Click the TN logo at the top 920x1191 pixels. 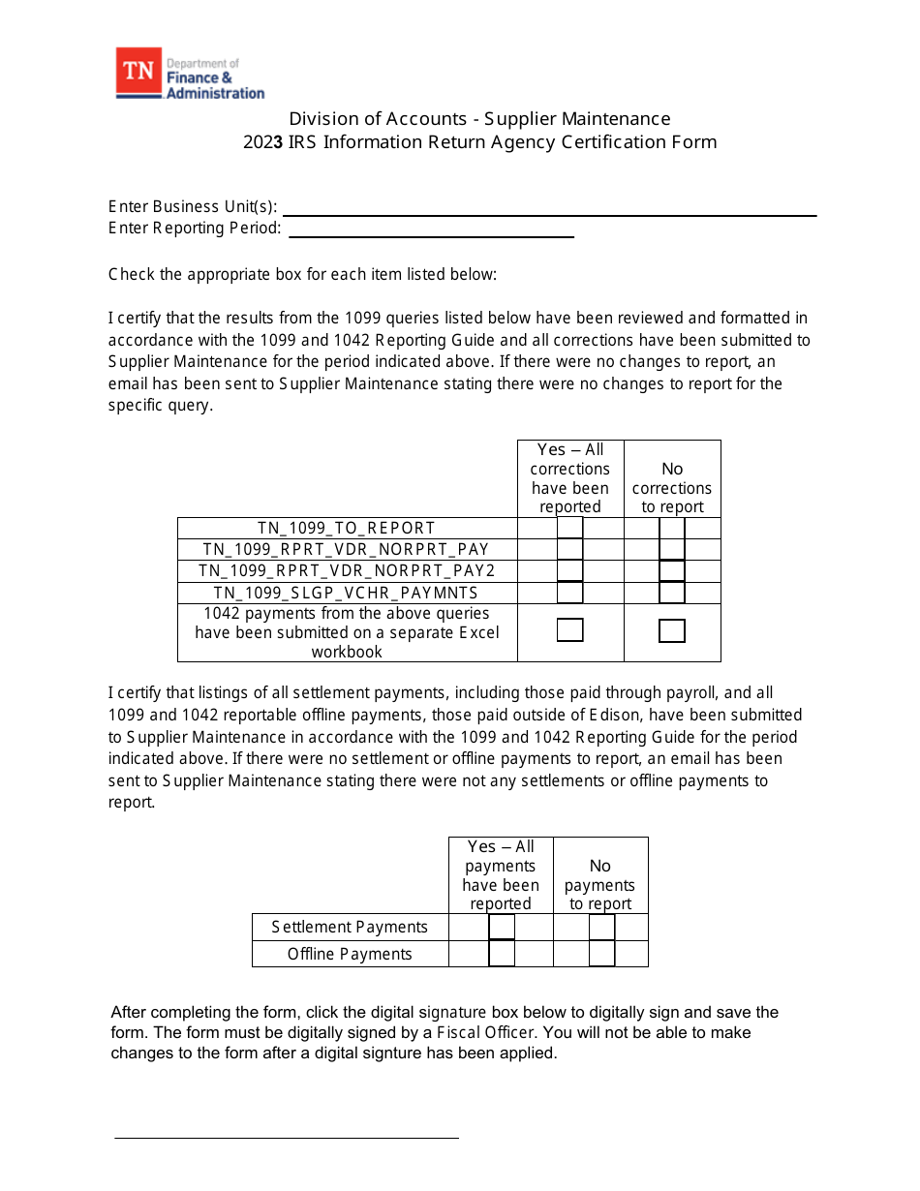(138, 74)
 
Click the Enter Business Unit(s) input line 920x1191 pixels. (549, 208)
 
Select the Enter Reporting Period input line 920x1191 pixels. (431, 230)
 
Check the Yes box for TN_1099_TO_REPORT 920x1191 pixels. (570, 528)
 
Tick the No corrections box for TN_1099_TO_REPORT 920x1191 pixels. (672, 528)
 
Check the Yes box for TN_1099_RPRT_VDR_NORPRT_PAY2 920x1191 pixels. (570, 571)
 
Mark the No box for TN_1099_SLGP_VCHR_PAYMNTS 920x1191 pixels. (672, 593)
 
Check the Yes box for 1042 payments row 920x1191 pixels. (570, 630)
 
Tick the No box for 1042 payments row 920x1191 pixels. (672, 631)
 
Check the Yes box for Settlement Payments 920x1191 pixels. (502, 927)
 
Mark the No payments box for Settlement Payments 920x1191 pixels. (601, 927)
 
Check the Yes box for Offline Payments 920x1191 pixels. (502, 954)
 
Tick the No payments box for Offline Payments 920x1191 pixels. (601, 954)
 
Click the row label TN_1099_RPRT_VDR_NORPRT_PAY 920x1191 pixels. (347, 550)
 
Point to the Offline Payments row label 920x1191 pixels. (350, 955)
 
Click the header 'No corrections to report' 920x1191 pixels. (672, 488)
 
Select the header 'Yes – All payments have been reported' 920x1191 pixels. (501, 875)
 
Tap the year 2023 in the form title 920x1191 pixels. (263, 142)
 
